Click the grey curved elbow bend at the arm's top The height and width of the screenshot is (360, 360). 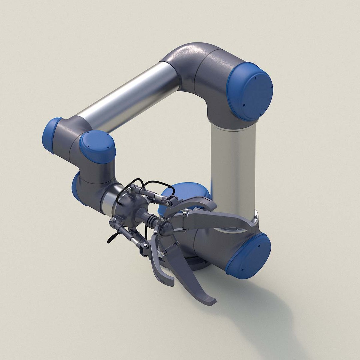pyautogui.click(x=187, y=60)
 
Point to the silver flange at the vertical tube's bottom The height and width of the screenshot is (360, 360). pyautogui.click(x=255, y=218)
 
